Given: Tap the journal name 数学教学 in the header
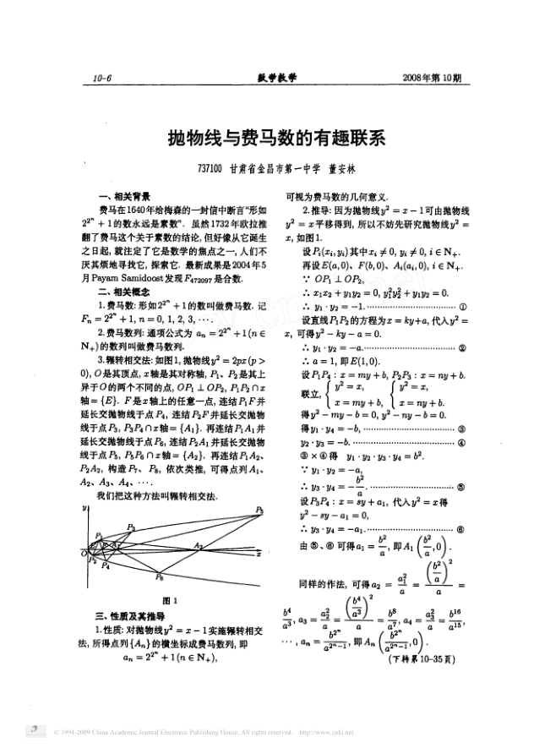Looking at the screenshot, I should click(277, 79).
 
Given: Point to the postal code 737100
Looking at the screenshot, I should click(208, 168).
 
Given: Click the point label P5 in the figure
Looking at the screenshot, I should click(260, 510).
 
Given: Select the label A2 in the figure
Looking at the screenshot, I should click(197, 547).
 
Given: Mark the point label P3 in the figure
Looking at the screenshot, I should click(131, 527).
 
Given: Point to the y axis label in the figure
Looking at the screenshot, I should click(85, 509).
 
